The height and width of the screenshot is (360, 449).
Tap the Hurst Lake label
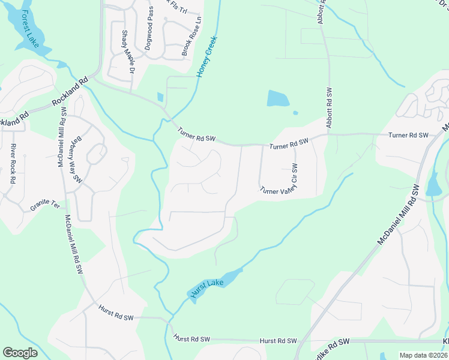tap(208, 287)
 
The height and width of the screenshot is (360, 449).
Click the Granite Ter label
tap(46, 207)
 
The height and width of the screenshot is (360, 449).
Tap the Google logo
tap(20, 353)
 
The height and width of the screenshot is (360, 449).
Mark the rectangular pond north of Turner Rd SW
tap(278, 98)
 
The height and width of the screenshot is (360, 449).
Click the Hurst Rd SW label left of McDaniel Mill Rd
tap(116, 311)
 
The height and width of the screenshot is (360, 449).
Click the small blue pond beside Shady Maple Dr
tap(160, 97)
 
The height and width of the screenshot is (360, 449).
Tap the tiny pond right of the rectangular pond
tap(295, 112)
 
